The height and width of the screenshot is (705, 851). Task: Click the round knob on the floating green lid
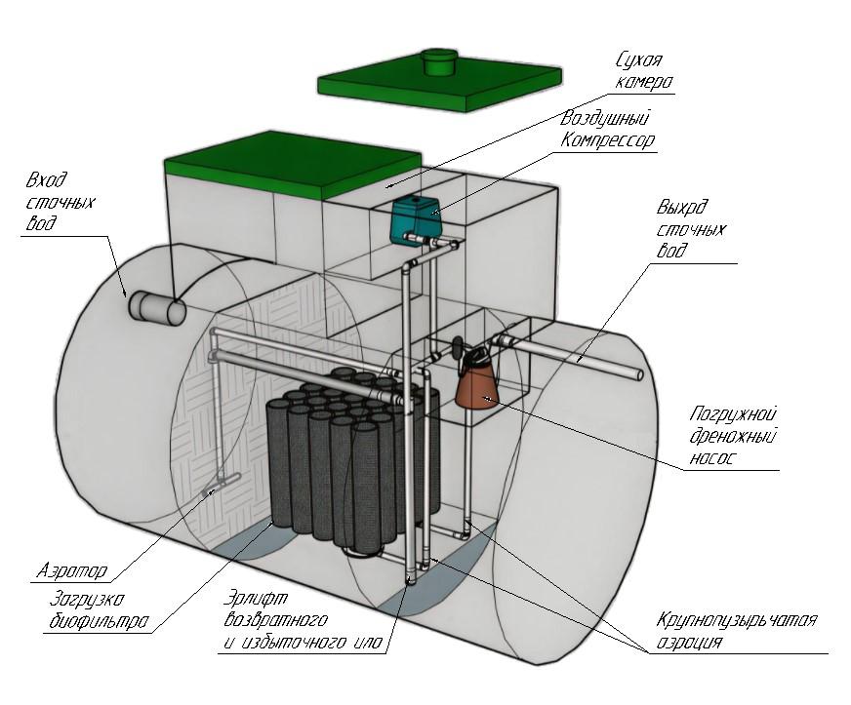(x=441, y=59)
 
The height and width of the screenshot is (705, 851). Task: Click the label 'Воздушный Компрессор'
(x=606, y=129)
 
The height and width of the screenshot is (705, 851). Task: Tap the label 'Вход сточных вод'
(x=49, y=203)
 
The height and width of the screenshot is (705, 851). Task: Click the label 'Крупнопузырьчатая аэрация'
(x=737, y=631)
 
